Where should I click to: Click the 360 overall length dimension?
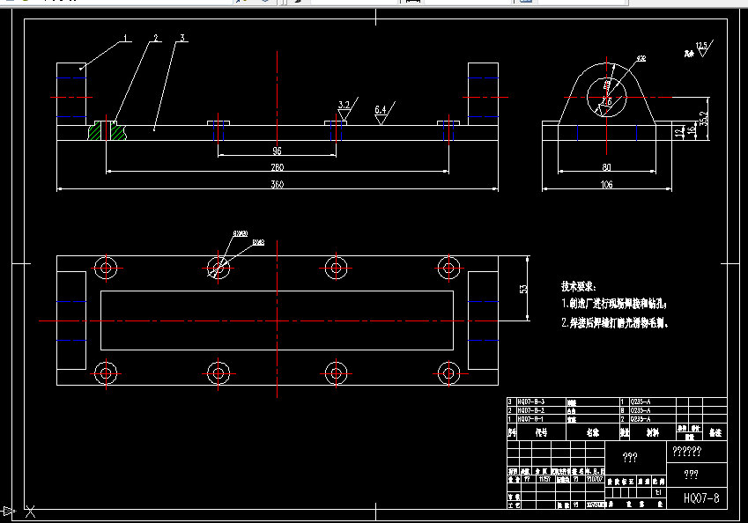click(278, 184)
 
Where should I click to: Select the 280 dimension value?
click(278, 167)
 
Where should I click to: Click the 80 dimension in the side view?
click(605, 167)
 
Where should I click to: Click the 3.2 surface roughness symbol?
click(344, 105)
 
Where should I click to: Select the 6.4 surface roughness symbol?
click(381, 111)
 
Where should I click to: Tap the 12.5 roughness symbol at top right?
click(701, 47)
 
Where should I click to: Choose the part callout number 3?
click(181, 38)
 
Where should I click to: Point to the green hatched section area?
click(96, 131)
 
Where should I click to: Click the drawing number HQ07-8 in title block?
click(700, 498)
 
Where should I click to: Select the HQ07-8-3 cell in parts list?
click(530, 401)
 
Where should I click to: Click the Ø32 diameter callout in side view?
click(640, 59)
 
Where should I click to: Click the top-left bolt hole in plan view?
click(106, 268)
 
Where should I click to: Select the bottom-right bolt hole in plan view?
click(448, 372)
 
